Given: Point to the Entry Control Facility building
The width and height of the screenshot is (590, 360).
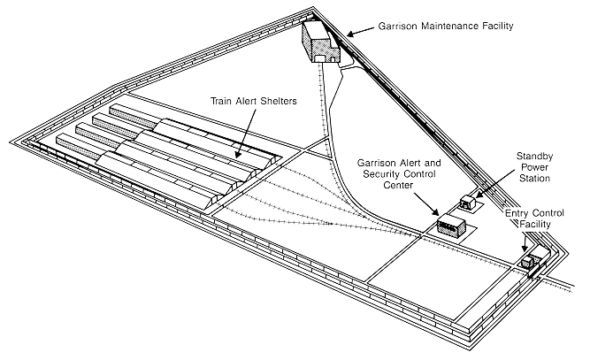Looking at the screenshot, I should click(x=533, y=260).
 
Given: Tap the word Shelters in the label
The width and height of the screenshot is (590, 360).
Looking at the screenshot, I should click(x=269, y=101).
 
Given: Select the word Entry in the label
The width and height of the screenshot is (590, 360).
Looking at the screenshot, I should click(x=519, y=214).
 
